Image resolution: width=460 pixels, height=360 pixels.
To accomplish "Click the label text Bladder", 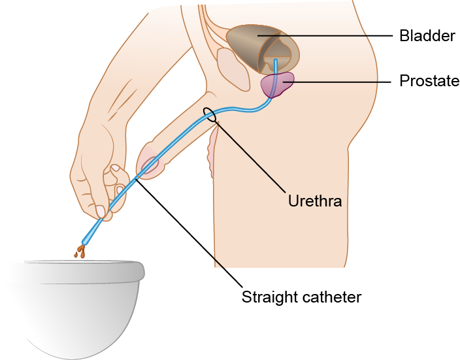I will pyautogui.click(x=427, y=36).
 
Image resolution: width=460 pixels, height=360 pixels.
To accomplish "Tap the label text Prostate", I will pyautogui.click(x=429, y=82).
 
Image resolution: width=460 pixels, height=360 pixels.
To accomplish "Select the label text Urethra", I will pyautogui.click(x=315, y=201).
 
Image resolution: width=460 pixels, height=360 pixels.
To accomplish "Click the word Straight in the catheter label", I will pyautogui.click(x=270, y=297).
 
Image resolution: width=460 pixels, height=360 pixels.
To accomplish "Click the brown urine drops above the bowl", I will pyautogui.click(x=80, y=251).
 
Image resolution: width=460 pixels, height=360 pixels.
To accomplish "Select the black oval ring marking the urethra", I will pyautogui.click(x=210, y=115).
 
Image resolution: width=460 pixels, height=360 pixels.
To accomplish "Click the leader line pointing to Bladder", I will pyautogui.click(x=340, y=35).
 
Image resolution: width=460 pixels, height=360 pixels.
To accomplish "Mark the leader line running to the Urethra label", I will pyautogui.click(x=255, y=157).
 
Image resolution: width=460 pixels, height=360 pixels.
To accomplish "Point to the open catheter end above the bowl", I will pyautogui.click(x=86, y=239).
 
